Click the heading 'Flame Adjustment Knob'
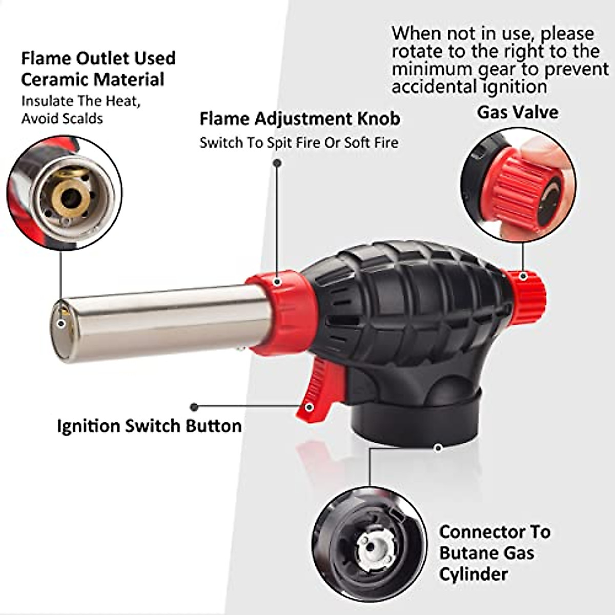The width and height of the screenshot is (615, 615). (300, 119)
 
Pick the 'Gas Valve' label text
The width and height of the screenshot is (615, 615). (518, 112)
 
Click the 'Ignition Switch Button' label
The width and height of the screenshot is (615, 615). (149, 426)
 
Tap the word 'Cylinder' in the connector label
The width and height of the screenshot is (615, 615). (474, 574)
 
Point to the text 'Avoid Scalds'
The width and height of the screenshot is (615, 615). (62, 119)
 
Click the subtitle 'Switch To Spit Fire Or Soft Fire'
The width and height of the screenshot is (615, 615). (299, 142)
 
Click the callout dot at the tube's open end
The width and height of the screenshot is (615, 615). (61, 324)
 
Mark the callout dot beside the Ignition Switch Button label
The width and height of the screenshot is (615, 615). (194, 407)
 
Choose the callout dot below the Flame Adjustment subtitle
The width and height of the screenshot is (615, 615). (277, 163)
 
